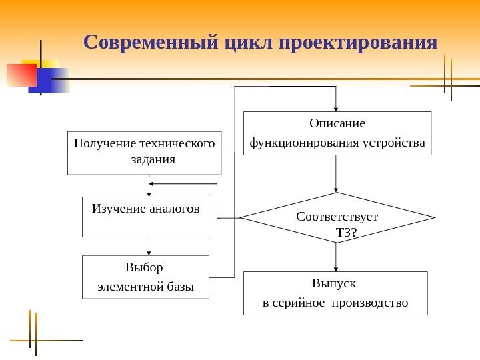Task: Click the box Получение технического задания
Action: (145, 153)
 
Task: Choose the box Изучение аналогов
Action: (145, 217)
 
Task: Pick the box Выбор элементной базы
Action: (145, 277)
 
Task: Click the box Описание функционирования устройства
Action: (337, 133)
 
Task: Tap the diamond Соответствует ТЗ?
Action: (337, 218)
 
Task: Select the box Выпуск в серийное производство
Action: (335, 293)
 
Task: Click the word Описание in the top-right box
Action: (337, 123)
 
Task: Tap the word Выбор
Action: (144, 268)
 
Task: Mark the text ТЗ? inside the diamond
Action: (345, 233)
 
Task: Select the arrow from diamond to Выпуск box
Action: (337, 257)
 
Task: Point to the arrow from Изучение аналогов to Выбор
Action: (149, 246)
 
